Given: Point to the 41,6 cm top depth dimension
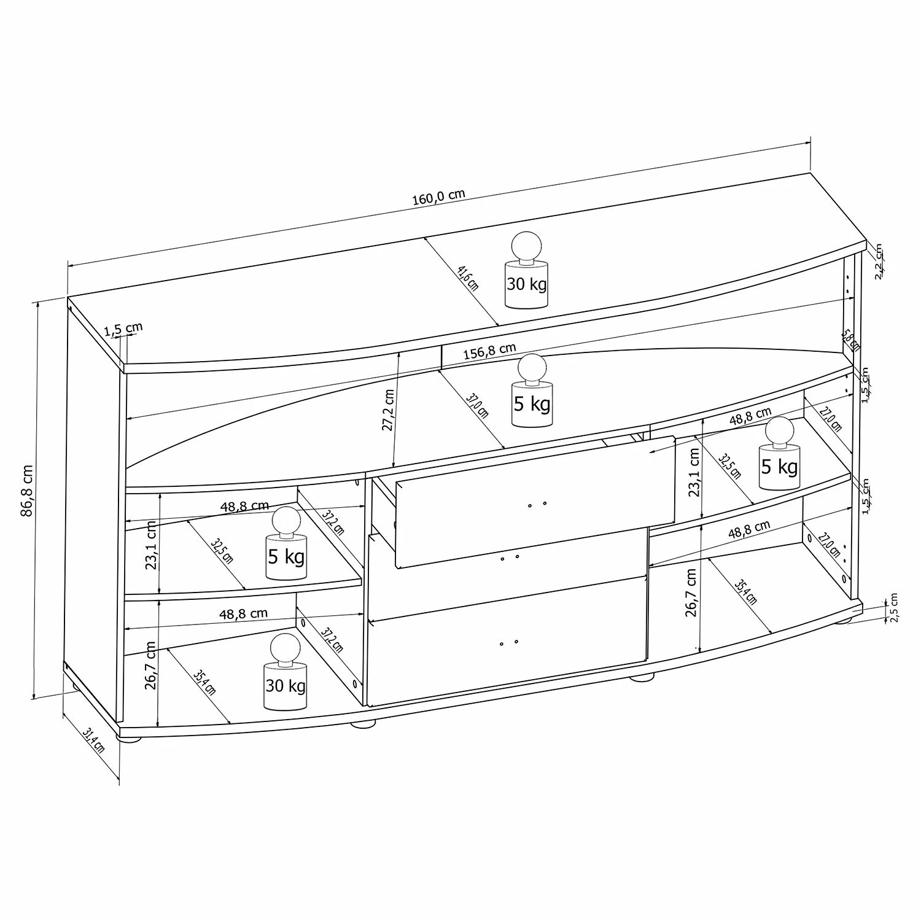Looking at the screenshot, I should [468, 278].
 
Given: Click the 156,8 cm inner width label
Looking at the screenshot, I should [489, 351].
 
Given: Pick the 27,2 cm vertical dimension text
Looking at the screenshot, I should [388, 410].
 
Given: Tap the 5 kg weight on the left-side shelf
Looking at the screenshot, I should [286, 543].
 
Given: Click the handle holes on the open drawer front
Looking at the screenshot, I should [537, 505].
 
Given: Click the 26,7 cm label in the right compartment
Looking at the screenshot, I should [691, 592].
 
